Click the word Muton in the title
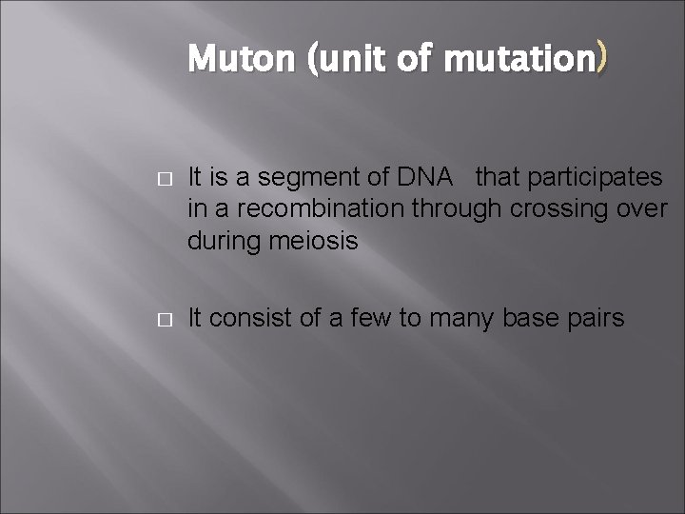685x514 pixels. pyautogui.click(x=243, y=60)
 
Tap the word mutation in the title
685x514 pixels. pyautogui.click(x=519, y=60)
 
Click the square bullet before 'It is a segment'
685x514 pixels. pyautogui.click(x=163, y=177)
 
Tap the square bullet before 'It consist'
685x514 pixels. pyautogui.click(x=163, y=318)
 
